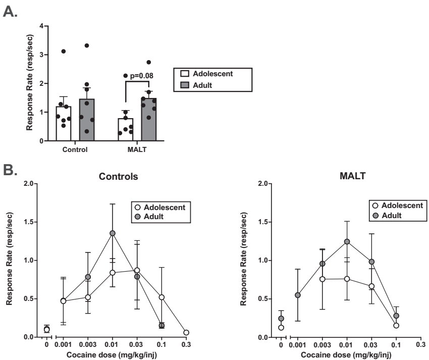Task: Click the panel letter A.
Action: [x=11, y=11]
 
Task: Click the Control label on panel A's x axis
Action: [x=76, y=150]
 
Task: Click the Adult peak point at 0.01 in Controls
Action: [x=113, y=233]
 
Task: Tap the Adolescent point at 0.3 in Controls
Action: [x=187, y=333]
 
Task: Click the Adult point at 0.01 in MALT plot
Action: [x=346, y=241]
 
